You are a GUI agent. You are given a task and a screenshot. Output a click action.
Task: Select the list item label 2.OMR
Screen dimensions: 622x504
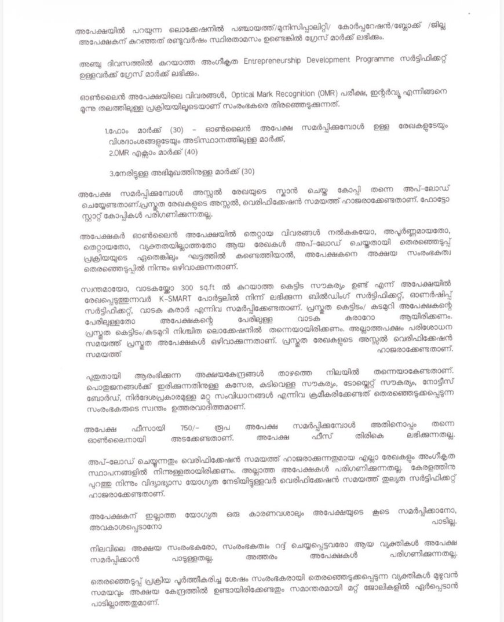[123, 152]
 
